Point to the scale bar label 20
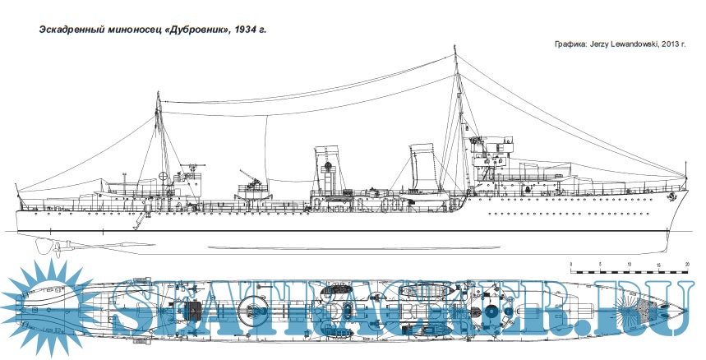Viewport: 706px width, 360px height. pyautogui.click(x=687, y=264)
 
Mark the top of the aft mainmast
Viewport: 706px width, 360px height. pyautogui.click(x=157, y=95)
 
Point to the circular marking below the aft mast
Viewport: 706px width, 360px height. pyautogui.click(x=164, y=176)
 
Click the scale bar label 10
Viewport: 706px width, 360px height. pyautogui.click(x=629, y=264)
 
